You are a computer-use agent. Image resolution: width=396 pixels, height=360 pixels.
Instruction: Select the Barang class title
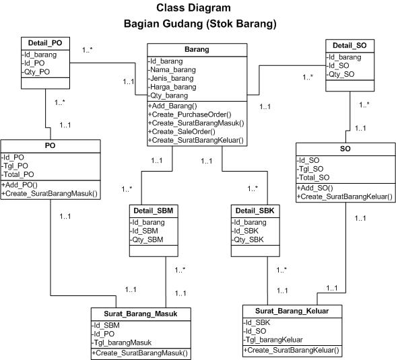tap(197, 50)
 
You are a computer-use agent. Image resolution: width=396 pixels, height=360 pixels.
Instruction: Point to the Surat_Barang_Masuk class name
tap(141, 314)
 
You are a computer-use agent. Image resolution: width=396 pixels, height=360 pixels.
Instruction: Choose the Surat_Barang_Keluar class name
tap(292, 311)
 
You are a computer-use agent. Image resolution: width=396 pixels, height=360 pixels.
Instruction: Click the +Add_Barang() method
tap(172, 106)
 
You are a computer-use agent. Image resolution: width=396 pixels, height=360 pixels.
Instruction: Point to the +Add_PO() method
tap(20, 184)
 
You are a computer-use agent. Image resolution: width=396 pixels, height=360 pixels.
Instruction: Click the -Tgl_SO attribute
tap(312, 168)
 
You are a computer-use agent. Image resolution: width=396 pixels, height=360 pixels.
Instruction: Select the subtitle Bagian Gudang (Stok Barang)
tap(200, 24)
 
